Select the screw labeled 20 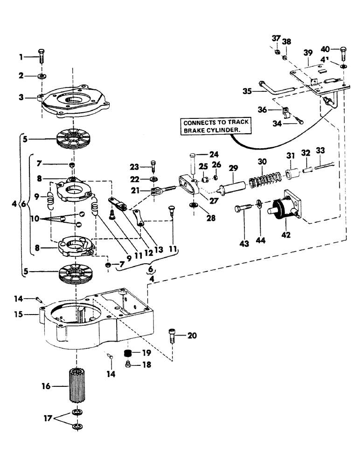(x=172, y=336)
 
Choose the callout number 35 (x=247, y=91)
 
